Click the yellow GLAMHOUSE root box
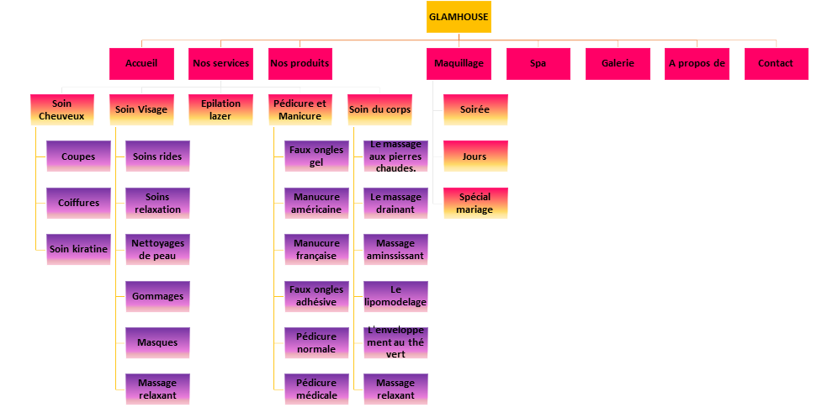click(458, 17)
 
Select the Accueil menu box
click(141, 64)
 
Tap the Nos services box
click(220, 64)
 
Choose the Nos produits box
click(300, 64)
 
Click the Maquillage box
click(459, 64)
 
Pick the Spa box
click(538, 64)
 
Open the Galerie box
click(618, 64)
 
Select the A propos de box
click(697, 64)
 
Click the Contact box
click(776, 64)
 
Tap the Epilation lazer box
click(220, 110)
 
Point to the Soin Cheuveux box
click(61, 110)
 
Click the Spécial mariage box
click(475, 204)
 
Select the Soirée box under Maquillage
click(475, 110)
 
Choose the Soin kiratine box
click(78, 250)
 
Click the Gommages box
click(157, 297)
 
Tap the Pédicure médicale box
click(316, 389)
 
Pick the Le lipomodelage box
click(395, 296)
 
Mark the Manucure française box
click(316, 250)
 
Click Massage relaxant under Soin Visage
click(157, 389)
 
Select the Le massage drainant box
click(395, 203)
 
